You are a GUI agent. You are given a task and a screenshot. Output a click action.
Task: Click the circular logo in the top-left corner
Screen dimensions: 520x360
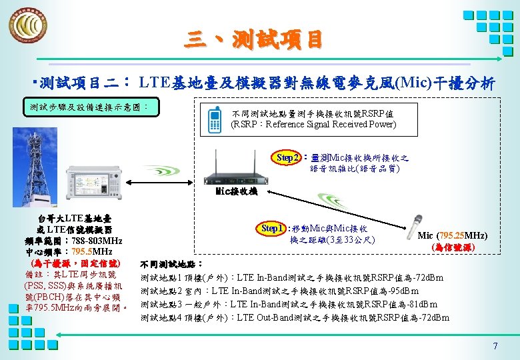(x=28, y=26)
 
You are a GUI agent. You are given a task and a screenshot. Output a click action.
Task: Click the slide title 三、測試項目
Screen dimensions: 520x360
(x=253, y=39)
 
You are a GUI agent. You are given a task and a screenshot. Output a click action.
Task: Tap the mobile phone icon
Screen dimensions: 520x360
(x=215, y=118)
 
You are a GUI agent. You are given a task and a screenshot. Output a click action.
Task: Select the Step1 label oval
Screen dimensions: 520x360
(x=272, y=229)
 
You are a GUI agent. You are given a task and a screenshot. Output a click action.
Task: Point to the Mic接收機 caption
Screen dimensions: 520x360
(x=236, y=191)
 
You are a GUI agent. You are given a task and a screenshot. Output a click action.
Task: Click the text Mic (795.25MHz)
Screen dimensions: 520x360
(x=452, y=236)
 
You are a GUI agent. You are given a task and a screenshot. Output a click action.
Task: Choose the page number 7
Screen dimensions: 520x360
(x=495, y=346)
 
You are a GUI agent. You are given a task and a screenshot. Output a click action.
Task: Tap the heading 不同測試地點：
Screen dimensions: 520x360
(x=172, y=264)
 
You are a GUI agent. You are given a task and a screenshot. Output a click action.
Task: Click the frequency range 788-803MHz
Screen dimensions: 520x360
(x=93, y=241)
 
